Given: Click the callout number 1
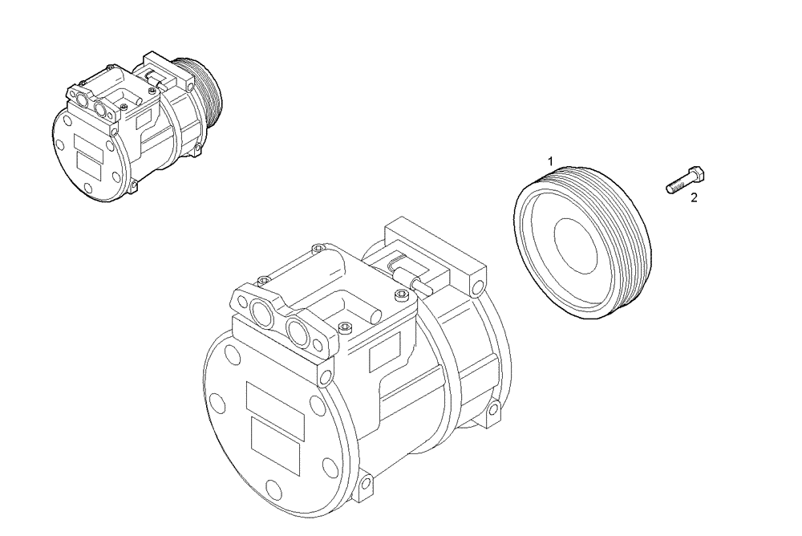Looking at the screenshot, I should click(550, 161).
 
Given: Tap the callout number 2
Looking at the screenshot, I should click(695, 197).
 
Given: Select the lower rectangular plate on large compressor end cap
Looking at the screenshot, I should click(275, 444).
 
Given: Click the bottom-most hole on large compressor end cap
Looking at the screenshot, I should click(274, 489).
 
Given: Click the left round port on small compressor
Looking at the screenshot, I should click(80, 102).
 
